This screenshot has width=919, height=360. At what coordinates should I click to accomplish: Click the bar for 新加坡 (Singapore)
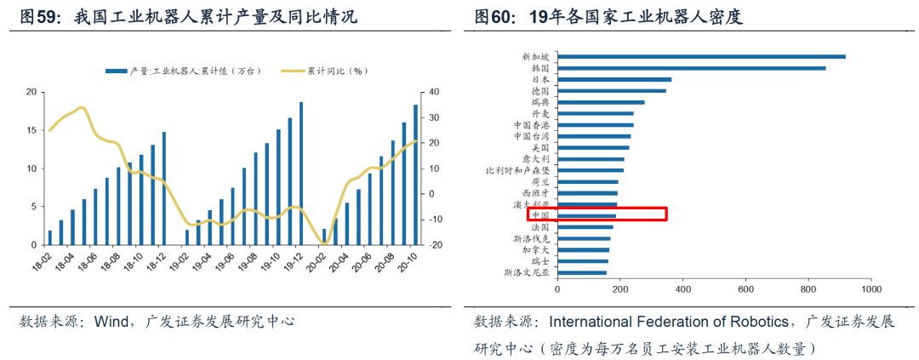coord(701,57)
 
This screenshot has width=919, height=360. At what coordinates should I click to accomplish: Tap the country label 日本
coord(540,79)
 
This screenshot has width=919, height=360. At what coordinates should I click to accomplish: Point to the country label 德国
coord(540,91)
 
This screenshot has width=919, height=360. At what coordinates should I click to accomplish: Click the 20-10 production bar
coord(415,174)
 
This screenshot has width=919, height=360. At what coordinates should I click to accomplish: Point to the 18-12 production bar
coord(163,188)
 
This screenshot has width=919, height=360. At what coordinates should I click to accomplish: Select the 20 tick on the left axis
coord(31,92)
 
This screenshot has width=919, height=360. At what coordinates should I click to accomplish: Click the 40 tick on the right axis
coord(432,92)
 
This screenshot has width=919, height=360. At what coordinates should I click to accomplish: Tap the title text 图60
coord(493,16)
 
